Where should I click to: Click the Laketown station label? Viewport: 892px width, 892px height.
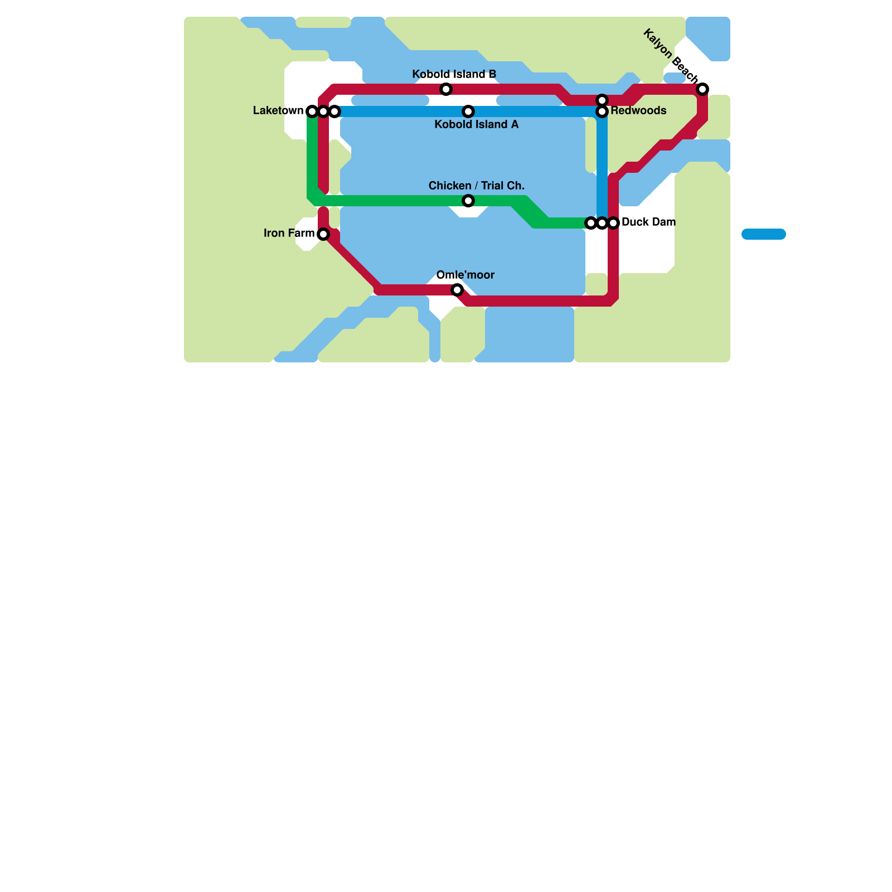pos(278,110)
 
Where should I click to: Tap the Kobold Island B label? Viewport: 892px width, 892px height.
pos(454,75)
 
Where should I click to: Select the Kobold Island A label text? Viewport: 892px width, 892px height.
pos(476,124)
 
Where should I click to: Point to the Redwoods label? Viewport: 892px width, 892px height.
pos(638,110)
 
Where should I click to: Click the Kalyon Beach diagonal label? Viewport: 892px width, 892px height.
pos(670,56)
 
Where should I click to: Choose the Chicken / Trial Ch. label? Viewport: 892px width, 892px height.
pos(476,186)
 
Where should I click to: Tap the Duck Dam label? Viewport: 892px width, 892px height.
pos(648,222)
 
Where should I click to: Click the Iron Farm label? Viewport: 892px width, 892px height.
pos(289,233)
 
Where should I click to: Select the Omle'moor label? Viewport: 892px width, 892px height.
pos(465,275)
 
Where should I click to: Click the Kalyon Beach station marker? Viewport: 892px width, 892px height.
pos(703,89)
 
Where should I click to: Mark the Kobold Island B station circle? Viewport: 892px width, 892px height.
pos(446,89)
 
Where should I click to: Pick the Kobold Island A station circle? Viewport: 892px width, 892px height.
pos(468,111)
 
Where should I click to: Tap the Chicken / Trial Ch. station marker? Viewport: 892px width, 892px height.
pos(468,201)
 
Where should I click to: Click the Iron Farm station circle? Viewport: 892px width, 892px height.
pos(323,234)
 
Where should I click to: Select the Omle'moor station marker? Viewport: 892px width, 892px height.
pos(457,290)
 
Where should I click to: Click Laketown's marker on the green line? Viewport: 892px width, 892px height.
pos(312,111)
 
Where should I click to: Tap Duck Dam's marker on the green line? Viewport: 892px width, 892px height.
pos(591,223)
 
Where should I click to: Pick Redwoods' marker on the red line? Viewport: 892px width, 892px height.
pos(602,100)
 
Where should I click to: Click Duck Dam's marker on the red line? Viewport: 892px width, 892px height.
pos(613,223)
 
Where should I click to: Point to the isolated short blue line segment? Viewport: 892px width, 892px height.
pos(763,234)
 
